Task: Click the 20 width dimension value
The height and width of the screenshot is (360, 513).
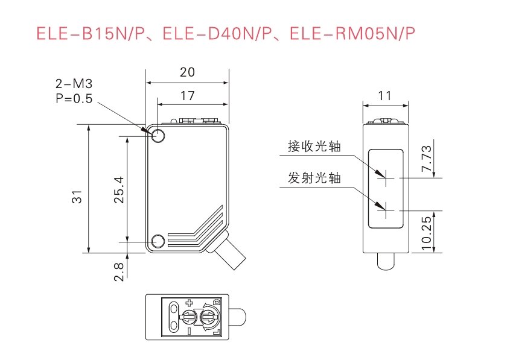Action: [187, 72]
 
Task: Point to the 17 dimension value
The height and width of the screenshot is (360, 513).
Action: [187, 95]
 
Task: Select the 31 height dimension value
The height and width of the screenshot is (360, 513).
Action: [77, 197]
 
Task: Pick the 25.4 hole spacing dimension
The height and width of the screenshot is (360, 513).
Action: [118, 189]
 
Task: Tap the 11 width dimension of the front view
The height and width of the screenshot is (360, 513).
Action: [385, 95]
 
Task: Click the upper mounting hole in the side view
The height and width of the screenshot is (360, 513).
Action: [159, 135]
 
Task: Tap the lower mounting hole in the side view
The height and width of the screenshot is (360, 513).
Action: [159, 242]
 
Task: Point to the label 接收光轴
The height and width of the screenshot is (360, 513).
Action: [314, 147]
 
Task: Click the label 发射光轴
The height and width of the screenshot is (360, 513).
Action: [314, 178]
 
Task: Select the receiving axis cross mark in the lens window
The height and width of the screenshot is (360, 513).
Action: [385, 178]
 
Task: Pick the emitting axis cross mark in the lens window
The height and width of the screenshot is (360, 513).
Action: [385, 210]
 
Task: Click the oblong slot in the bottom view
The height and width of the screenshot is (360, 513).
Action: [174, 318]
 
